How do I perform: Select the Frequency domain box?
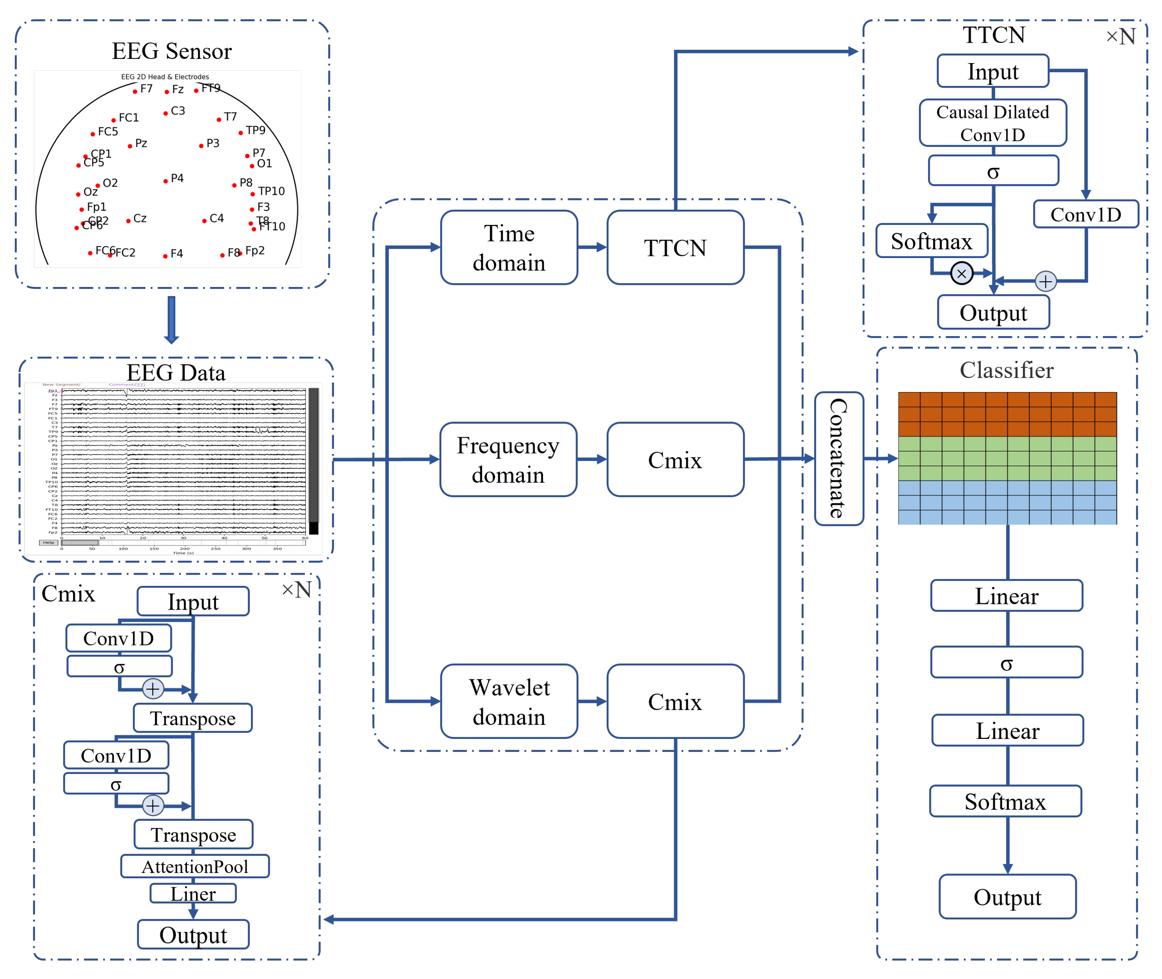pyautogui.click(x=508, y=460)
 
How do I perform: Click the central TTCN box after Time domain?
pyautogui.click(x=675, y=248)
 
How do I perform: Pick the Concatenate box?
pyautogui.click(x=838, y=458)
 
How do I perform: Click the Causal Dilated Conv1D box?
pyautogui.click(x=992, y=123)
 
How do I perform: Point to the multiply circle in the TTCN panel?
pyautogui.click(x=961, y=273)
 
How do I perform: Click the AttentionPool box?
pyautogui.click(x=195, y=866)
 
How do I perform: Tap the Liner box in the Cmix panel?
pyautogui.click(x=193, y=893)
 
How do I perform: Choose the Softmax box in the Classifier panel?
pyautogui.click(x=1005, y=801)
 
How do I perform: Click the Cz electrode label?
pyautogui.click(x=140, y=218)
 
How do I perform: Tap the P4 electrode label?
pyautogui.click(x=177, y=178)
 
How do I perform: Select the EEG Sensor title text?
pyautogui.click(x=172, y=51)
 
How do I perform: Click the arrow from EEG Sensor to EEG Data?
pyautogui.click(x=172, y=319)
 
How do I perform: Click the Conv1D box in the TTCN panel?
pyautogui.click(x=1085, y=214)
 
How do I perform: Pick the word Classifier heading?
pyautogui.click(x=1006, y=370)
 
